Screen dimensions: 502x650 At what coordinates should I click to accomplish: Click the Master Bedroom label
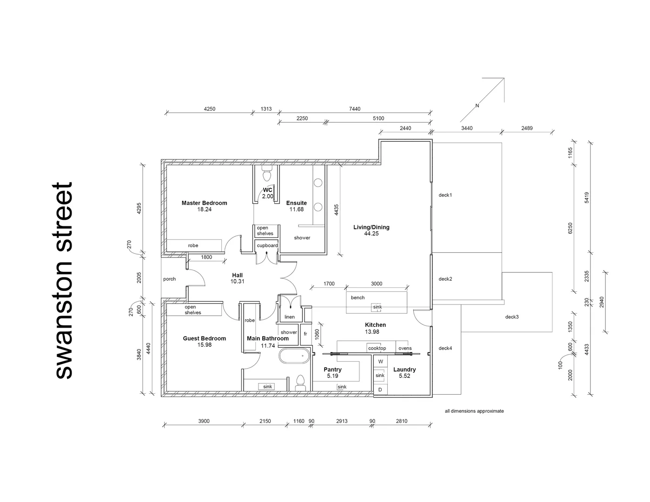(x=204, y=203)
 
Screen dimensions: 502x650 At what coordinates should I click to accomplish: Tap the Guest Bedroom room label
(x=204, y=338)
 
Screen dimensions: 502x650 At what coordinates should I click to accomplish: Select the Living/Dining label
(x=371, y=227)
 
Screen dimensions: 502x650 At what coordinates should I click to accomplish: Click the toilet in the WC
(x=267, y=174)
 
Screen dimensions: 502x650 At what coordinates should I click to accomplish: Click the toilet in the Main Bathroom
(x=300, y=383)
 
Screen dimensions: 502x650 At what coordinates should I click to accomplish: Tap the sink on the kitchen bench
(x=377, y=307)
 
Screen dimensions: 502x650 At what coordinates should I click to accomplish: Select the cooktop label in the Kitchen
(x=377, y=348)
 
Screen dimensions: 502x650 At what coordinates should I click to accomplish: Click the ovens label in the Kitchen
(x=405, y=348)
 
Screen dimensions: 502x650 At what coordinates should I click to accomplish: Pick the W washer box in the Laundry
(x=380, y=362)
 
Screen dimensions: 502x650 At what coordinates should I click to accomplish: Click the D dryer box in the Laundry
(x=380, y=390)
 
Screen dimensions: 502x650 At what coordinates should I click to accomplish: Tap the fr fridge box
(x=305, y=334)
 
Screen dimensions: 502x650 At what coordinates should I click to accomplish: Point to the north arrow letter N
(x=477, y=106)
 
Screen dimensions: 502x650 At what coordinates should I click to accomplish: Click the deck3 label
(x=511, y=317)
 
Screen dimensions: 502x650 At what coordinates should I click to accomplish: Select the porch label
(x=170, y=279)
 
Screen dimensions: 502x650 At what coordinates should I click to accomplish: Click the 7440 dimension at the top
(x=354, y=109)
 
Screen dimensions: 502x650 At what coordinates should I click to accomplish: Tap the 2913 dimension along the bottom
(x=341, y=421)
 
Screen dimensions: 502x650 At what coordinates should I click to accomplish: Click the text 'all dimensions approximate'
(x=474, y=411)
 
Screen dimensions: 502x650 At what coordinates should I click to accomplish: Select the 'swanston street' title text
(x=64, y=280)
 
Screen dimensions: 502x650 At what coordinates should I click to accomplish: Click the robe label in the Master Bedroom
(x=193, y=245)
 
